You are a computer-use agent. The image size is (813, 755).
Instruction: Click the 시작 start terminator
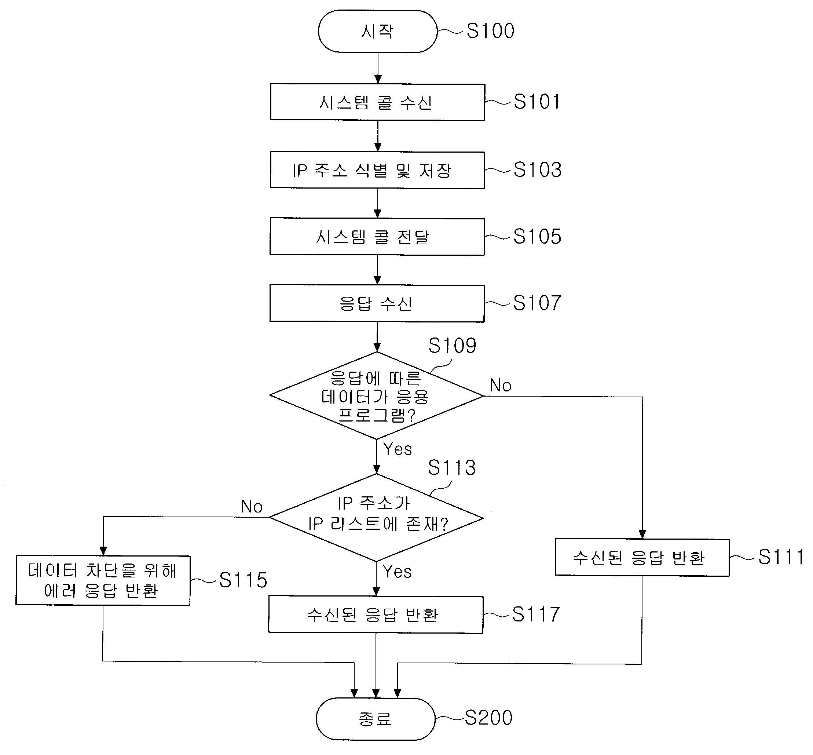pos(378,32)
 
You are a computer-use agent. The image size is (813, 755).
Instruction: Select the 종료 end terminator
pos(376,719)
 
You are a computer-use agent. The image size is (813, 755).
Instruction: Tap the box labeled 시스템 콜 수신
pos(378,102)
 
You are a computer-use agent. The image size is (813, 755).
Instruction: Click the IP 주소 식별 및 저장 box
pos(377,170)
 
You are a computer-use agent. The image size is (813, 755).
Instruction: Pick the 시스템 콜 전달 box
pos(377,237)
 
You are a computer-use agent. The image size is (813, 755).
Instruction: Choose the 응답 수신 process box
pos(377,303)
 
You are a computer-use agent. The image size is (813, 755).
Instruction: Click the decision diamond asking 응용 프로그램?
pos(377,395)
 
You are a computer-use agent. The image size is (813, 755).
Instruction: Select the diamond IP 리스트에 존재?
pos(376,518)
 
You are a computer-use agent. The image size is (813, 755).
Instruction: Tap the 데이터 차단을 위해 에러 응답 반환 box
pos(103,580)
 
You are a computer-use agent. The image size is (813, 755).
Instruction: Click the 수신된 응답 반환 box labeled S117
pos(376,614)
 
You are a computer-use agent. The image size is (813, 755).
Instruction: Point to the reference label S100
pos(490,31)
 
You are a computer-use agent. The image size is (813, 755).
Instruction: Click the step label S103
pos(538,169)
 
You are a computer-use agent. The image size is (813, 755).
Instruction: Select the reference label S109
pos(453,346)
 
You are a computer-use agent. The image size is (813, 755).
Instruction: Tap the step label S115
pos(243,580)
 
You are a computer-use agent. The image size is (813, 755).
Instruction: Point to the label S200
pos(489,718)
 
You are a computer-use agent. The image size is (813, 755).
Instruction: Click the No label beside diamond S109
pos(501,385)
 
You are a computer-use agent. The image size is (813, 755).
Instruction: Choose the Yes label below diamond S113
pos(397,571)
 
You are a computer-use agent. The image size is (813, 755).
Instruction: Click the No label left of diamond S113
pos(252,507)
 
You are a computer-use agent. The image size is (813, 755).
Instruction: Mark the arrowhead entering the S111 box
pos(642,535)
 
